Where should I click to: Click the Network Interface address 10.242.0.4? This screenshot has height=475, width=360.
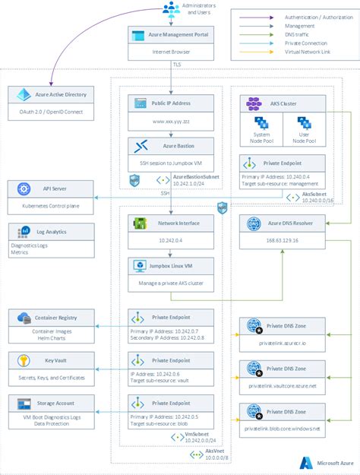(x=172, y=239)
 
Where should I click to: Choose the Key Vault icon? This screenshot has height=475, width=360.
(x=21, y=359)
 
